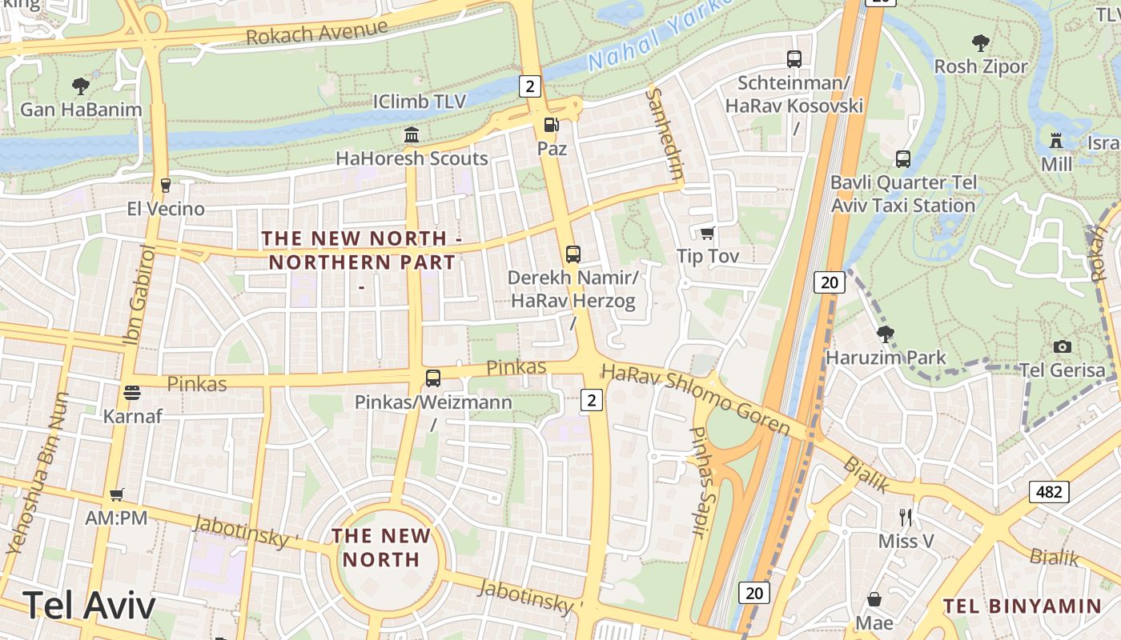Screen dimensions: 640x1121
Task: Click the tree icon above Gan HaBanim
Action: click(80, 86)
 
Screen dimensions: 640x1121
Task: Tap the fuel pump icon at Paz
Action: click(551, 125)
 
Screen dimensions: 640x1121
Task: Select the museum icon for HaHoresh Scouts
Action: click(412, 134)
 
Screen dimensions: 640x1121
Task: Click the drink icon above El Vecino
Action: click(166, 186)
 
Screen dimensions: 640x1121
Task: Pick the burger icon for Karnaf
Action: click(132, 393)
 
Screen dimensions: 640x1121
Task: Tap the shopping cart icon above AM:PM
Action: click(117, 495)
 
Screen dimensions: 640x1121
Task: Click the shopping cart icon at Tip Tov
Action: click(707, 233)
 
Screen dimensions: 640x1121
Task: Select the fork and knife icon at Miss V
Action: click(906, 517)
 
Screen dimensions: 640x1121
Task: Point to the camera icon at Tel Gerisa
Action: click(1063, 346)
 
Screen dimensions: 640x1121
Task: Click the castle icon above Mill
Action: click(1056, 141)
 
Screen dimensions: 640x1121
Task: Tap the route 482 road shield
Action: click(1049, 491)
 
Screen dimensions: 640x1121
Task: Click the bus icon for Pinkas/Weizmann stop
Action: click(433, 378)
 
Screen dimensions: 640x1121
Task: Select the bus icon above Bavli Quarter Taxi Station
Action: click(903, 159)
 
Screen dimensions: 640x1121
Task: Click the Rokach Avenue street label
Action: click(317, 33)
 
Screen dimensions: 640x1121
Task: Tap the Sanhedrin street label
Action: click(666, 134)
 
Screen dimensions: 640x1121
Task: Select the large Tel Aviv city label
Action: click(89, 606)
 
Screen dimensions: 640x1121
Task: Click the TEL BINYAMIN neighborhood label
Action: click(1023, 606)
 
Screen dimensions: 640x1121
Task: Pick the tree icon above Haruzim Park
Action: click(885, 334)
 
